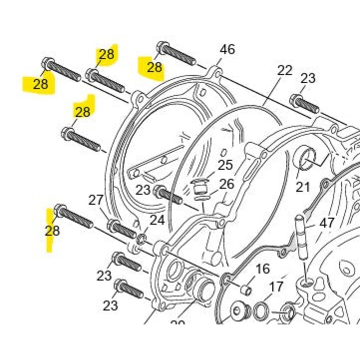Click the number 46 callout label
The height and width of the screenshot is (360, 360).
pyautogui.click(x=227, y=49)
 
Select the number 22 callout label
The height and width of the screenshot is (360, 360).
pyautogui.click(x=284, y=71)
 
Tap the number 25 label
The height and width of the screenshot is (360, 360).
pyautogui.click(x=225, y=165)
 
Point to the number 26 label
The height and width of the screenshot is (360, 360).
pyautogui.click(x=227, y=184)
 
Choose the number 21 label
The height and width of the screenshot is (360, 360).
pyautogui.click(x=303, y=186)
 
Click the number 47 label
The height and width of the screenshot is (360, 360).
pyautogui.click(x=327, y=223)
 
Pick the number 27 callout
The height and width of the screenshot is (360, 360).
pyautogui.click(x=96, y=200)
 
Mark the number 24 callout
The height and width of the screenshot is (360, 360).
pyautogui.click(x=157, y=220)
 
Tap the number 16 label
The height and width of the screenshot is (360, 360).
pyautogui.click(x=262, y=269)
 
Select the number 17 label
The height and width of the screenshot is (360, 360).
pyautogui.click(x=276, y=286)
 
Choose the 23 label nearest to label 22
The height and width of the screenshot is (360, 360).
pyautogui.click(x=308, y=78)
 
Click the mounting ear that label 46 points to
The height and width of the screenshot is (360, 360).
pyautogui.click(x=216, y=72)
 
